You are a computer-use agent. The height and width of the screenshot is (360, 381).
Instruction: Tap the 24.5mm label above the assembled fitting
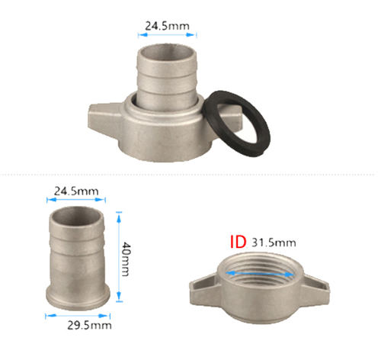(168, 26)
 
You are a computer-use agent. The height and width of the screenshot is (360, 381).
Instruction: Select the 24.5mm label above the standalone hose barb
(76, 191)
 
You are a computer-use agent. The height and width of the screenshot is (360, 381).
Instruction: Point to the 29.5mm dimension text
(89, 326)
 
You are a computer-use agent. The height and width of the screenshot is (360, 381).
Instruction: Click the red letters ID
(238, 242)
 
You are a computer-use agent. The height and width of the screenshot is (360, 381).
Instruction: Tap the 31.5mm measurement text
(274, 243)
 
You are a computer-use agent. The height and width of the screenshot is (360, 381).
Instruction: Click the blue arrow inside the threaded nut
(260, 274)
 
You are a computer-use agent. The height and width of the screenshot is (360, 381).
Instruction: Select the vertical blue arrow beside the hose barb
(119, 257)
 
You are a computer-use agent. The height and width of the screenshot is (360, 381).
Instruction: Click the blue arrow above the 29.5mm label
(78, 316)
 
